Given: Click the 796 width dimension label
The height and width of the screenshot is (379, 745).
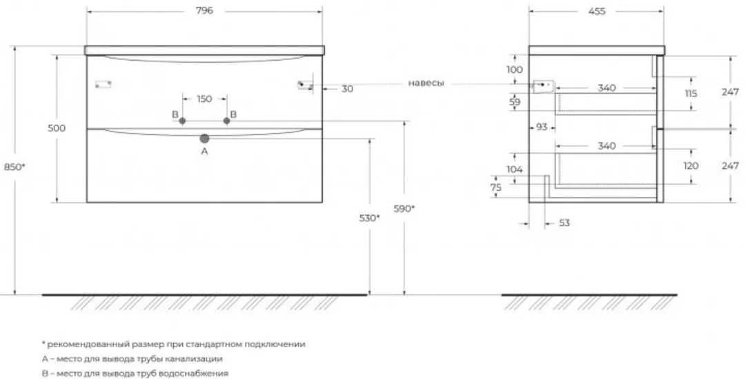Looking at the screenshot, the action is click(x=204, y=10).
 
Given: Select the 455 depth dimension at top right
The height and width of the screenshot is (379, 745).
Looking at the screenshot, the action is click(x=597, y=11).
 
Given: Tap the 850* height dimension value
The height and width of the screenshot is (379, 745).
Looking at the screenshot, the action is click(x=14, y=167).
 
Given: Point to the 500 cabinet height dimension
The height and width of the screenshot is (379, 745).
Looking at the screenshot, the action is click(x=57, y=128).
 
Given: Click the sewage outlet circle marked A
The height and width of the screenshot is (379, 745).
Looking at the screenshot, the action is click(x=204, y=139).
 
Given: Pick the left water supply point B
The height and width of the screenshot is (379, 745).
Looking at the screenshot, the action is click(x=182, y=121).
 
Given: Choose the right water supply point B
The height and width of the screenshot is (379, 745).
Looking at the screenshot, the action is click(x=227, y=121).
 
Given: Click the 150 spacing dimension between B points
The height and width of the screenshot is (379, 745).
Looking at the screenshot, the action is click(x=204, y=99).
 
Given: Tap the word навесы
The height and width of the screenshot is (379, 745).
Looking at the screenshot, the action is click(x=426, y=83).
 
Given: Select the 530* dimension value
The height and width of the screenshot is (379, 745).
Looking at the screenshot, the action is click(x=369, y=218).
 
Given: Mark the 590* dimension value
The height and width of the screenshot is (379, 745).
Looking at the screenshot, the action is click(x=404, y=208).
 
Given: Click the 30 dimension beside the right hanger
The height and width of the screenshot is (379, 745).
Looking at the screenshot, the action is click(x=347, y=89).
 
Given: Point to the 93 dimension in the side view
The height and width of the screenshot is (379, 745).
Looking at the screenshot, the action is click(x=542, y=127).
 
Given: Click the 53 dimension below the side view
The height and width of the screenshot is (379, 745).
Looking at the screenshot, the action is click(x=564, y=223).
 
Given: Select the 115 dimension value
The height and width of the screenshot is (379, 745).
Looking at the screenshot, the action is click(x=691, y=94).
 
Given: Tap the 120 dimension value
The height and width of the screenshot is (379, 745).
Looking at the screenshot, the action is click(x=691, y=165).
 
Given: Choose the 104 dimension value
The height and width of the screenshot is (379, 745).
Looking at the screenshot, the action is click(x=515, y=169).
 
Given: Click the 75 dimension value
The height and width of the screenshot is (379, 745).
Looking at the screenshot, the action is click(x=495, y=187).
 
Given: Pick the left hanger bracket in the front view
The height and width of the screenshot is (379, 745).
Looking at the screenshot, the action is click(x=103, y=85).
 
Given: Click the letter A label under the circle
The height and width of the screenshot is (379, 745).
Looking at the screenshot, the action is click(x=205, y=152).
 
